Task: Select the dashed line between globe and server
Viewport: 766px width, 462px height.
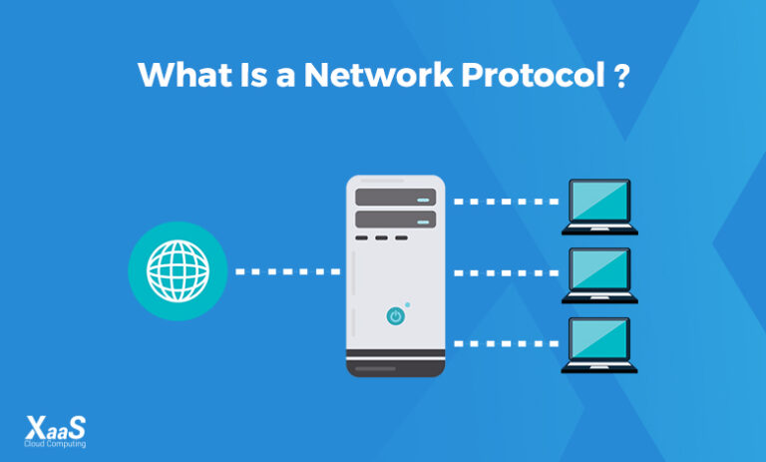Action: pos(287,270)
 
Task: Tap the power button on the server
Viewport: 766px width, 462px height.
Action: pos(395,316)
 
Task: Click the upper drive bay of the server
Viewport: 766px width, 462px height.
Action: pos(396,197)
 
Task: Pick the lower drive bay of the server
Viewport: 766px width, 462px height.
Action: pos(396,219)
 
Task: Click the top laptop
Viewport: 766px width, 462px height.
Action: pos(598,206)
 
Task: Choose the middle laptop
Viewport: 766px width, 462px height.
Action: pos(598,274)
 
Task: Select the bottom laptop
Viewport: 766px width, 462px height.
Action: pos(598,344)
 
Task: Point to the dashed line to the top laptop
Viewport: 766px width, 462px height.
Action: pos(505,202)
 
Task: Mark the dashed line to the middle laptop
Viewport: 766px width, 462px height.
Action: pos(505,271)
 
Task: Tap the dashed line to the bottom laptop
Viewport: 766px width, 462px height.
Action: pos(505,342)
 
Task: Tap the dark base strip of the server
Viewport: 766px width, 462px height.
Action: pos(396,369)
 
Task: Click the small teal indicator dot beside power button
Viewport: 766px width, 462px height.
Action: pos(407,303)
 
